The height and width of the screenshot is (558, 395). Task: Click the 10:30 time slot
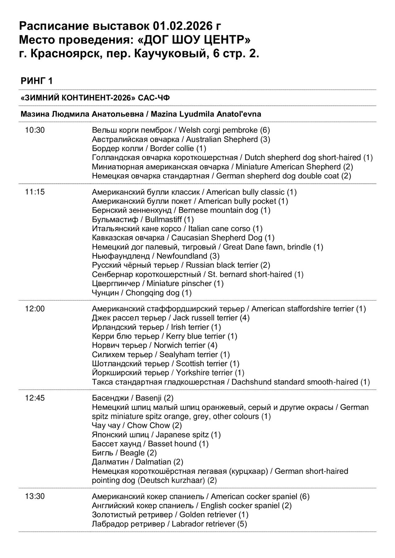pyautogui.click(x=35, y=130)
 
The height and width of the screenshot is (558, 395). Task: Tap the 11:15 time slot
pyautogui.click(x=35, y=192)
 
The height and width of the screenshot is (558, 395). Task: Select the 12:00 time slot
pyautogui.click(x=35, y=309)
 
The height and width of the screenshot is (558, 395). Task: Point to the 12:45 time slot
pyautogui.click(x=35, y=398)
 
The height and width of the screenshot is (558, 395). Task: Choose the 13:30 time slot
pyautogui.click(x=35, y=497)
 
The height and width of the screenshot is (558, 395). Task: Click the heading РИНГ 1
pyautogui.click(x=37, y=81)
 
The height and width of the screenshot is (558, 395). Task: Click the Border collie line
pyautogui.click(x=149, y=149)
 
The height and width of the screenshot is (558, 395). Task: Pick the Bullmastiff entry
pyautogui.click(x=143, y=220)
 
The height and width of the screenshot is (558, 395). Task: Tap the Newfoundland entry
pyautogui.click(x=156, y=256)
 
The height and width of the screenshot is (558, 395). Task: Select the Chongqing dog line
pyautogui.click(x=142, y=293)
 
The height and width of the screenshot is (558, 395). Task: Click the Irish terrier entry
pyautogui.click(x=156, y=327)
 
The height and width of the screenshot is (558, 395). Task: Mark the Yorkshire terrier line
pyautogui.click(x=168, y=373)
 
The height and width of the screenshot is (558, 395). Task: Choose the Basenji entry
pyautogui.click(x=133, y=398)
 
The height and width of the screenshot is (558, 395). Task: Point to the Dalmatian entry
pyautogui.click(x=138, y=462)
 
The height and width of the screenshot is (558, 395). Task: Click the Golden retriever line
pyautogui.click(x=170, y=515)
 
